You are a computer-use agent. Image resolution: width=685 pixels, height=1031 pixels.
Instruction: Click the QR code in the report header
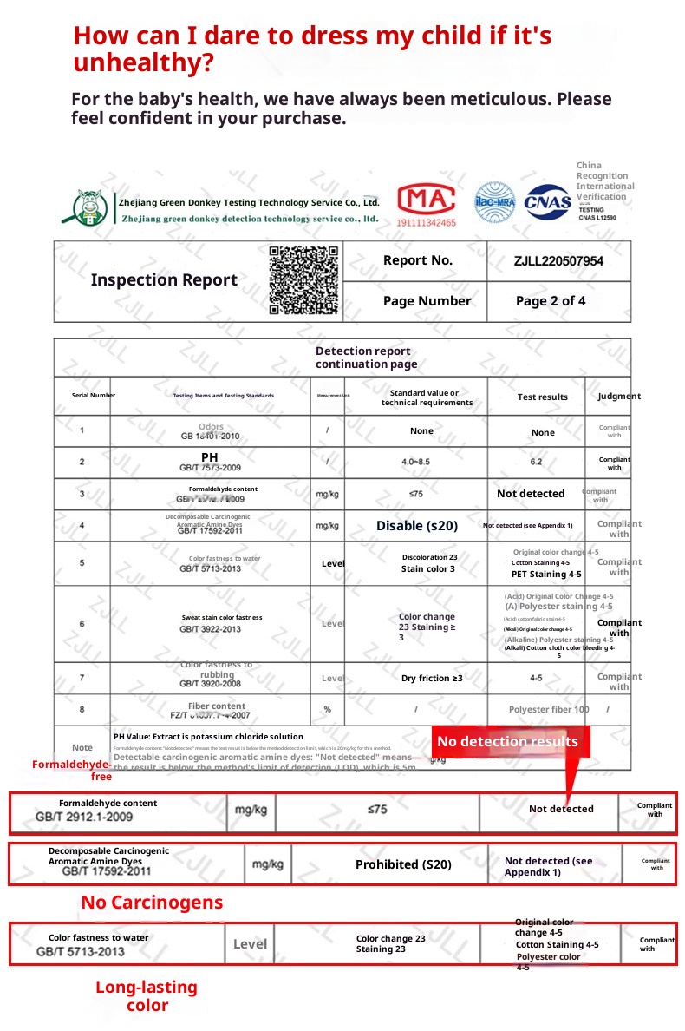303,279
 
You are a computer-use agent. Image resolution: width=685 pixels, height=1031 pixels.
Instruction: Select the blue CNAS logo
547,202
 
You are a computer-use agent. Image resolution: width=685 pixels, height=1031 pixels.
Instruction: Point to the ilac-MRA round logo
495,202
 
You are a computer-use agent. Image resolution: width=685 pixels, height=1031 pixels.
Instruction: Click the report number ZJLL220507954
558,261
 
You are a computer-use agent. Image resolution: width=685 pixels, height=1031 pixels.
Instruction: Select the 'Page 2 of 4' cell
551,301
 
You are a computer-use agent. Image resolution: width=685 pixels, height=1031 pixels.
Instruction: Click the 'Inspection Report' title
164,279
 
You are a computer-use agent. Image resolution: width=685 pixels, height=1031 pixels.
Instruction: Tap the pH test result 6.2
536,462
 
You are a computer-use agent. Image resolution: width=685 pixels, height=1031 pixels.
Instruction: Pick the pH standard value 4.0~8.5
415,462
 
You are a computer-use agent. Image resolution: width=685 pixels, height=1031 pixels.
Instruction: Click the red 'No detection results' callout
507,741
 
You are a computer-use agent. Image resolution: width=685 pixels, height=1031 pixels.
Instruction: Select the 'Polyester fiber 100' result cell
549,710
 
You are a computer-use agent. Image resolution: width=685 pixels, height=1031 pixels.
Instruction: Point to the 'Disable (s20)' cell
416,526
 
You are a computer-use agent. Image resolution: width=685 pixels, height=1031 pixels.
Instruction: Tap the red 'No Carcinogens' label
152,903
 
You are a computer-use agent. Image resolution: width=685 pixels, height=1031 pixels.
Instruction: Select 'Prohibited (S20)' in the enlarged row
403,864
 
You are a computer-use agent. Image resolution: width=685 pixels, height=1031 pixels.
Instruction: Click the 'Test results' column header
543,397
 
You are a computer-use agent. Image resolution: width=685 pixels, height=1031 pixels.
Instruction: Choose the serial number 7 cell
82,678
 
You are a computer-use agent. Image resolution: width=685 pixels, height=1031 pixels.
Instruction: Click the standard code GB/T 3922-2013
211,629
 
